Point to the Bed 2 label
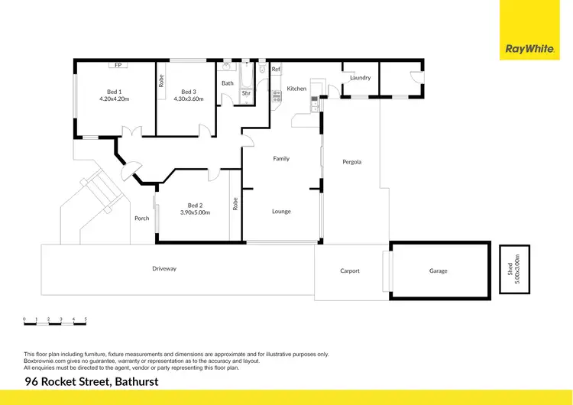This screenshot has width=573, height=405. coord(195,205)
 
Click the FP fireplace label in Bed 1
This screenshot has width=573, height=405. coord(118,65)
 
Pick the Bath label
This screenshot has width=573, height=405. coord(228,83)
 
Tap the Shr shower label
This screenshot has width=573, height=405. coord(246,94)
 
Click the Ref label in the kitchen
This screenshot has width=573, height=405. coord(277,70)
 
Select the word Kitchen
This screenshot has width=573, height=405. coord(296,89)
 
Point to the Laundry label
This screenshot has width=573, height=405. coord(360,78)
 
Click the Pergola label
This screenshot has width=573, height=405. coord(352,162)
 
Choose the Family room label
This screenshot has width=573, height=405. coord(281,159)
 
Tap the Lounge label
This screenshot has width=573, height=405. coord(281,212)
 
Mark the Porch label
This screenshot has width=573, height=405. coord(142,219)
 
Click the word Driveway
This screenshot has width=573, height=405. coord(164,269)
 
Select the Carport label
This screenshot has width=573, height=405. coord(350,271)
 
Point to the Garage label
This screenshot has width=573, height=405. coord(438,271)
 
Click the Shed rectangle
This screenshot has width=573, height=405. coord(514,269)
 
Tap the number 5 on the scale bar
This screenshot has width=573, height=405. coord(86,319)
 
